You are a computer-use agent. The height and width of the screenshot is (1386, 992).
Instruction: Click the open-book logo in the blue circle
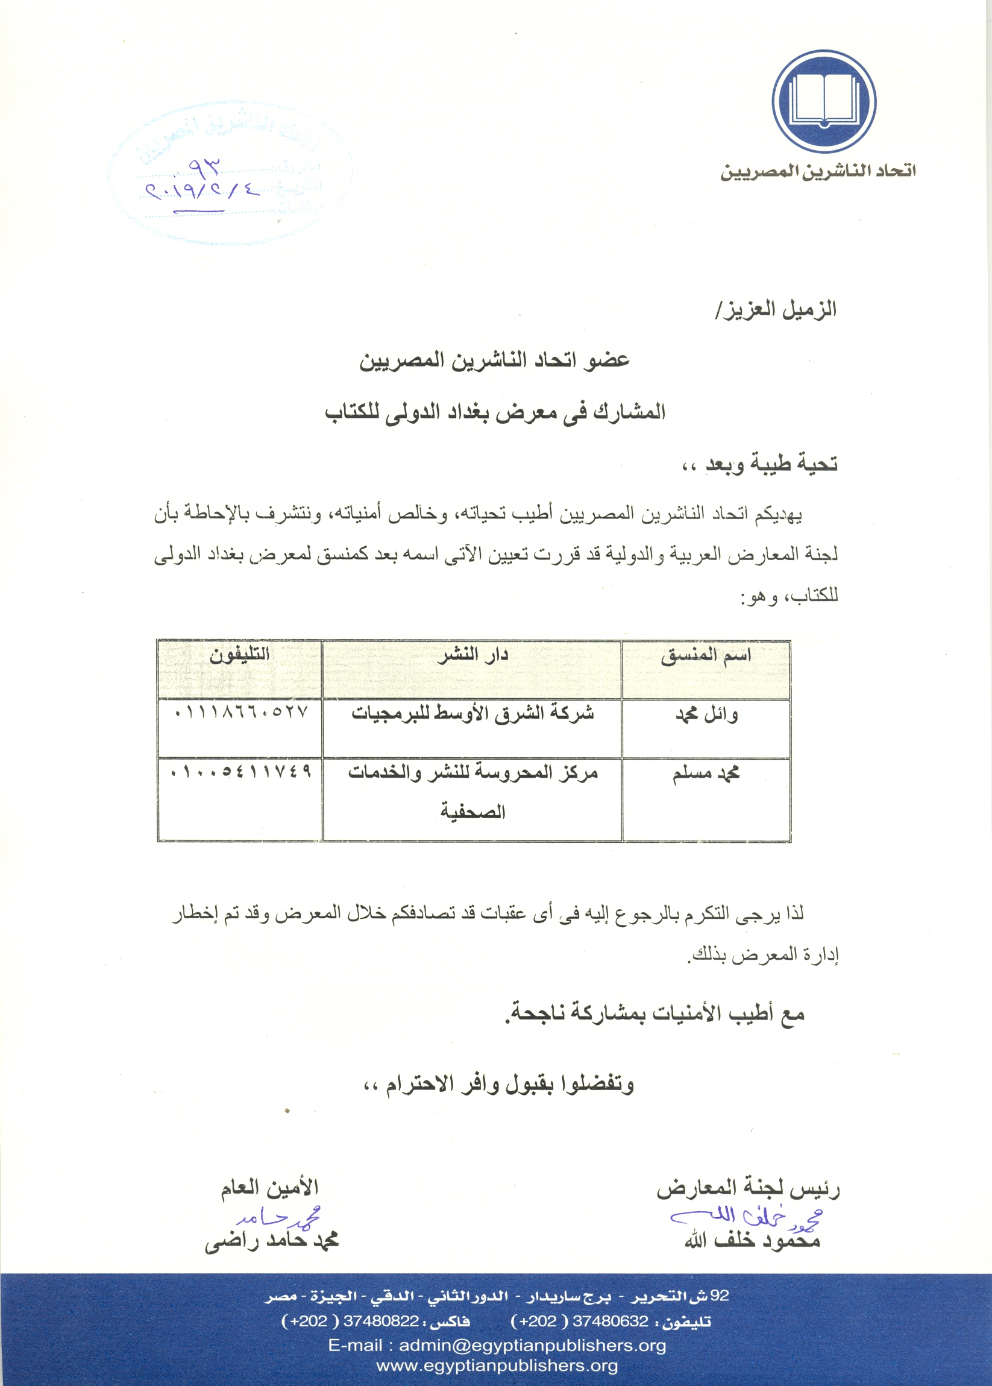823,101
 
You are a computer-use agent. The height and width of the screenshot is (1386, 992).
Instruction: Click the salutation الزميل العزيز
776,310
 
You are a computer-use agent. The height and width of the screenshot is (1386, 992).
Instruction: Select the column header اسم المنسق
706,656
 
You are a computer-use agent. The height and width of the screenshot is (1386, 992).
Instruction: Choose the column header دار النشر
472,656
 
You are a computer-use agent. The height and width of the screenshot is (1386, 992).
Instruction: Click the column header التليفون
239,656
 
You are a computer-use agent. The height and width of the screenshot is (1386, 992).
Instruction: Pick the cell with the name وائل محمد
706,714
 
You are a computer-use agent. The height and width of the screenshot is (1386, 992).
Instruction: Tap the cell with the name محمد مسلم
706,773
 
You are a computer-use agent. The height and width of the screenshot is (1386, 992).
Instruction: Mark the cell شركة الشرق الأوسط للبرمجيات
472,714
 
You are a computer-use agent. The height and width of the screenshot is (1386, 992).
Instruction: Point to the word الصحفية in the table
472,812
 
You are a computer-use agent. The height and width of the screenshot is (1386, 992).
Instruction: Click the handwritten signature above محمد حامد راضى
278,1217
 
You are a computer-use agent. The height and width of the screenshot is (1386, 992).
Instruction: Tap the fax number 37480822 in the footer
380,1321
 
